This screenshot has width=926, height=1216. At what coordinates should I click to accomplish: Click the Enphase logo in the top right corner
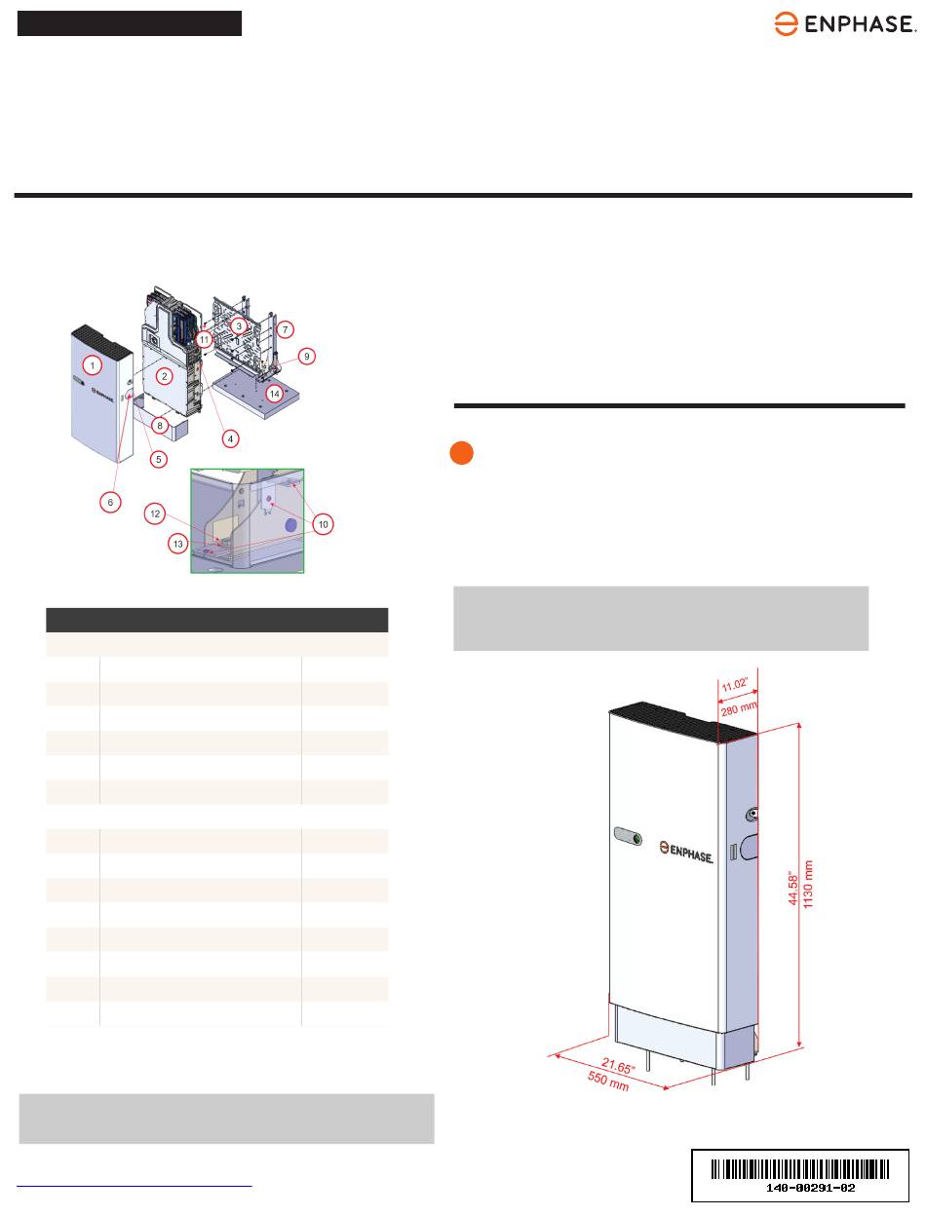tap(844, 23)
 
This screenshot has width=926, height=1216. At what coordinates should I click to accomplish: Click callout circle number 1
tap(92, 365)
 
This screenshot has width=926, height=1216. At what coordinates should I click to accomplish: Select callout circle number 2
tap(164, 376)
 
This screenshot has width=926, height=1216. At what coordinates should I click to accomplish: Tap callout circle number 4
tap(231, 438)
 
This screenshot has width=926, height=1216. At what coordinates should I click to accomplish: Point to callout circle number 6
tap(110, 503)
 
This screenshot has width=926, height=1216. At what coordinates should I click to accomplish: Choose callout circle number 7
tap(285, 330)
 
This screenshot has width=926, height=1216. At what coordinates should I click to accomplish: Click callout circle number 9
tap(306, 357)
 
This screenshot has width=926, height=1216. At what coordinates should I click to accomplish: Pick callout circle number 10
tap(323, 524)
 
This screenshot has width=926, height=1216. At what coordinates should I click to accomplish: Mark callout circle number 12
tap(155, 513)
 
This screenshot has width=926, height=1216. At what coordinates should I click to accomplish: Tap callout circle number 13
tap(177, 544)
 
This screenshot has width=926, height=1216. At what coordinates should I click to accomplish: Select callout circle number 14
tap(275, 394)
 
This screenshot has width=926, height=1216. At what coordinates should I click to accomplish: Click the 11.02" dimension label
tap(735, 685)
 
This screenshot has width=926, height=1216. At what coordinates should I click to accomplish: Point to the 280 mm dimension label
tap(739, 708)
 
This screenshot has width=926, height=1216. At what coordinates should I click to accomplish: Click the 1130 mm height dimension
tap(808, 884)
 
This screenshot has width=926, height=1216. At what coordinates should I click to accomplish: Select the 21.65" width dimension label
tap(618, 1065)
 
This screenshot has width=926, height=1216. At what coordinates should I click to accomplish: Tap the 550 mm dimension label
tap(608, 1082)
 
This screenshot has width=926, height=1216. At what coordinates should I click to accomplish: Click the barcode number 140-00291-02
tap(810, 1188)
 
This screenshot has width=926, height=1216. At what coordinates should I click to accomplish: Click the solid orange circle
tap(462, 453)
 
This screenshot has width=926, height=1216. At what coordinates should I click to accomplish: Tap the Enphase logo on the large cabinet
tap(686, 852)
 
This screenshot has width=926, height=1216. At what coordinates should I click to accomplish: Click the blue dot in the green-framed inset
tap(290, 524)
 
